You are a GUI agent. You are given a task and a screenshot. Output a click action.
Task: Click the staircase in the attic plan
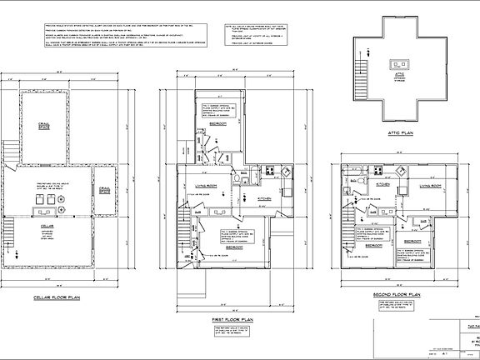click(363, 63)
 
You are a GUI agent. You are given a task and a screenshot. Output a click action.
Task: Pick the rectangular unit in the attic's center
click(398, 63)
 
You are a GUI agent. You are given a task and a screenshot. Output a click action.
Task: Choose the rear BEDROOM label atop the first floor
click(218, 122)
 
